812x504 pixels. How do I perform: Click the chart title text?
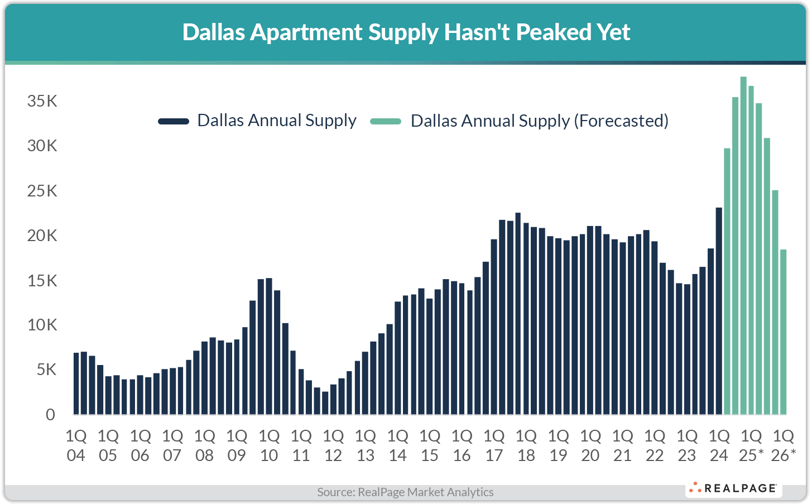click(x=406, y=32)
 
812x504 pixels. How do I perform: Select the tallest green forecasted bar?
click(x=743, y=246)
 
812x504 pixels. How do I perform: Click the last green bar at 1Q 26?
click(x=784, y=332)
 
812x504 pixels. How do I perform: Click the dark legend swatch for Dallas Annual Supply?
click(x=174, y=121)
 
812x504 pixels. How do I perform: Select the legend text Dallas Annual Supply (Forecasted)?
click(x=539, y=121)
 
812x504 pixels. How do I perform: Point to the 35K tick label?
click(x=42, y=101)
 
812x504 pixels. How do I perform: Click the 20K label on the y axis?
click(x=42, y=236)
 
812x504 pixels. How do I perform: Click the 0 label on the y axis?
click(x=51, y=415)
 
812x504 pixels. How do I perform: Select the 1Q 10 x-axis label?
click(x=269, y=445)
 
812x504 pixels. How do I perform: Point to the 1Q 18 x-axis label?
click(x=526, y=445)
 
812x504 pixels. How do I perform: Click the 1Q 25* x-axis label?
click(x=751, y=445)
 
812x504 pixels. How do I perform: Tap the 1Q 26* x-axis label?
click(x=784, y=445)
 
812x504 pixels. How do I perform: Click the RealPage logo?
click(x=733, y=488)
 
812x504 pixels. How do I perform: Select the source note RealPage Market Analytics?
click(x=405, y=492)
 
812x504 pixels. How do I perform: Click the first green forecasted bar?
click(x=727, y=281)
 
